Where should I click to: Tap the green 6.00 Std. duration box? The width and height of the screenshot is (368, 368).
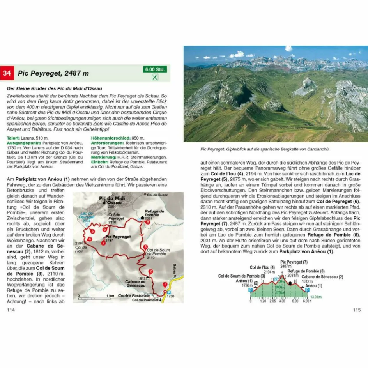pyautogui.click(x=155, y=69)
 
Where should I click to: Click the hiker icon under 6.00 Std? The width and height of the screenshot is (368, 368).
pyautogui.click(x=155, y=77)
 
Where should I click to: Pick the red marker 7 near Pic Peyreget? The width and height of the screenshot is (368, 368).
pyautogui.click(x=103, y=243)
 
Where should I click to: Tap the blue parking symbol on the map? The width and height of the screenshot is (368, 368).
pyautogui.click(x=169, y=292)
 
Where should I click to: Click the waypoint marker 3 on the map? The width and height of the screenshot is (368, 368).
pyautogui.click(x=145, y=247)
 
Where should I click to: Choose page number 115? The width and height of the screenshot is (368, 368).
pyautogui.click(x=357, y=310)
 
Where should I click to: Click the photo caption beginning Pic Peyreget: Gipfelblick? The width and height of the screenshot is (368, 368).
pyautogui.click(x=265, y=149)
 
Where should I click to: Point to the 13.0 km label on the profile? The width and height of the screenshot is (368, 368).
pyautogui.click(x=316, y=297)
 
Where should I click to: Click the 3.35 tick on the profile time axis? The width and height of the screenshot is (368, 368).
pyautogui.click(x=282, y=301)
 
